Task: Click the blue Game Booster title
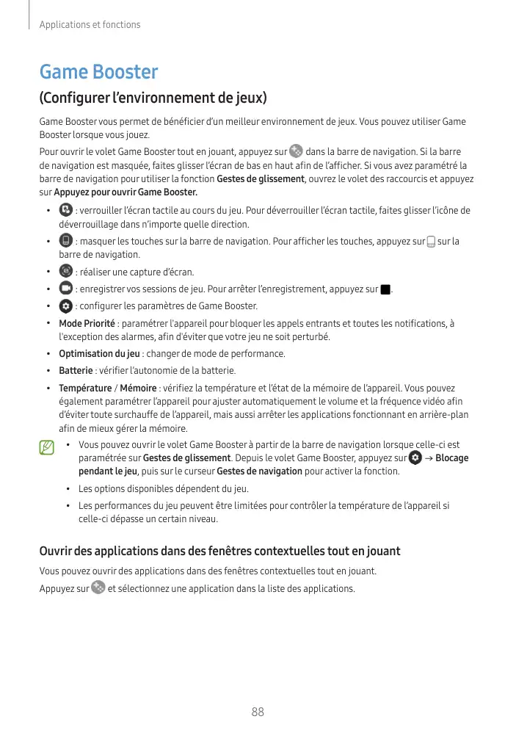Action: (x=98, y=72)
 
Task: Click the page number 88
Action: (x=258, y=712)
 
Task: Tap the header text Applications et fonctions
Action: (x=90, y=25)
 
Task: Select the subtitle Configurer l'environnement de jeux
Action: (x=153, y=98)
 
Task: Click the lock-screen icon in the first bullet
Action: (x=65, y=210)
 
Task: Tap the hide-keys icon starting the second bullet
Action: (x=65, y=241)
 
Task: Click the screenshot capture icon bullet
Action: (x=65, y=271)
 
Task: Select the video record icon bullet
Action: (x=65, y=288)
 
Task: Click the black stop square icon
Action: (x=385, y=289)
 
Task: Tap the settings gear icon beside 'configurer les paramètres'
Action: (x=65, y=305)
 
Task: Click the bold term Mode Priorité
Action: (x=87, y=323)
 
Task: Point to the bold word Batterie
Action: (x=76, y=370)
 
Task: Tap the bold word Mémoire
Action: (x=138, y=388)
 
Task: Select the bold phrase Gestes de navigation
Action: (x=260, y=471)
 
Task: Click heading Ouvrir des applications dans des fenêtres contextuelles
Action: (x=219, y=551)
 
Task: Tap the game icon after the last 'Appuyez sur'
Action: (x=98, y=588)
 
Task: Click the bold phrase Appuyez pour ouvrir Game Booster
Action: (x=126, y=192)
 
